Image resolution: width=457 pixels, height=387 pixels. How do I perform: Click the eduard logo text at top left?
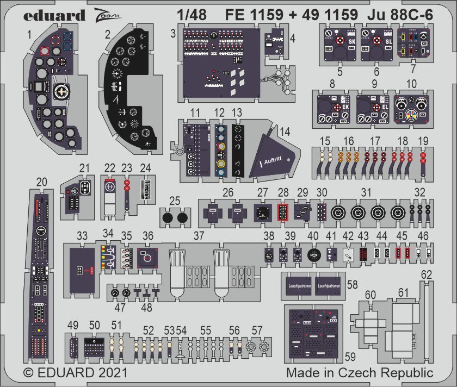(x=54, y=15)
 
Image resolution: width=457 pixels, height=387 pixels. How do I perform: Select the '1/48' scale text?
(x=192, y=15)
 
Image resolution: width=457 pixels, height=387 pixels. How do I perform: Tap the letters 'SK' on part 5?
(x=352, y=40)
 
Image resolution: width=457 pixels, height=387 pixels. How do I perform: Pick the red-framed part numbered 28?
(x=282, y=211)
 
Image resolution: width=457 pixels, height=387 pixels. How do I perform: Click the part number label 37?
(x=199, y=236)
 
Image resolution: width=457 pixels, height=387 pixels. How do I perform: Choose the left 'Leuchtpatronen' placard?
(x=296, y=285)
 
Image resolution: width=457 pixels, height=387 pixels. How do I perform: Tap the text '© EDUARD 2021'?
(x=75, y=373)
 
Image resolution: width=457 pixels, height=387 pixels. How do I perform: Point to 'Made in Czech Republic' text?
(x=360, y=373)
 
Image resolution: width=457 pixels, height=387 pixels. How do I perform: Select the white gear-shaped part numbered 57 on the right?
(x=264, y=346)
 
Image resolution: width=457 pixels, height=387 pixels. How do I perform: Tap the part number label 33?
(x=82, y=236)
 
